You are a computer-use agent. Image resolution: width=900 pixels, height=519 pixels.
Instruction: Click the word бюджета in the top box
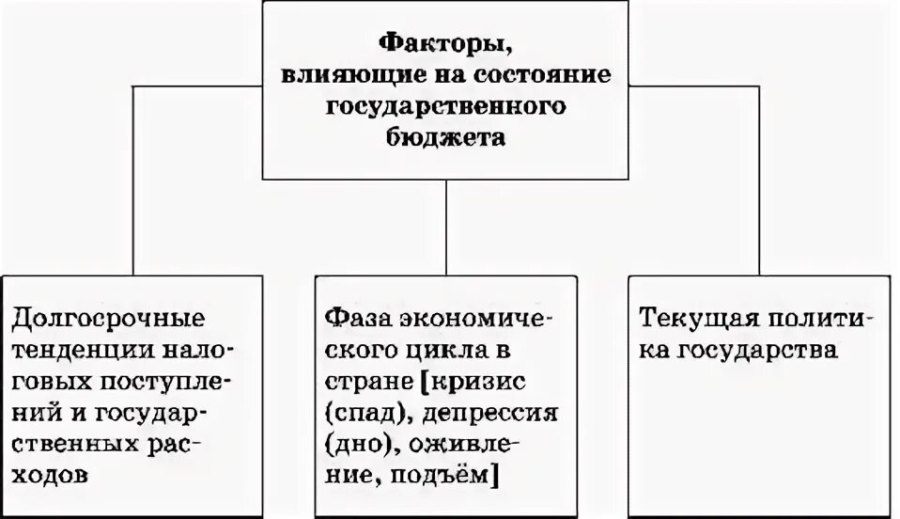pyautogui.click(x=446, y=137)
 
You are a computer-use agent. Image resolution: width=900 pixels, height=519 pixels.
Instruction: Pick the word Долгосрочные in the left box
pyautogui.click(x=108, y=317)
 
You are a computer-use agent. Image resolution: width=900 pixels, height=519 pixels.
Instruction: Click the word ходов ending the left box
pyautogui.click(x=51, y=476)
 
